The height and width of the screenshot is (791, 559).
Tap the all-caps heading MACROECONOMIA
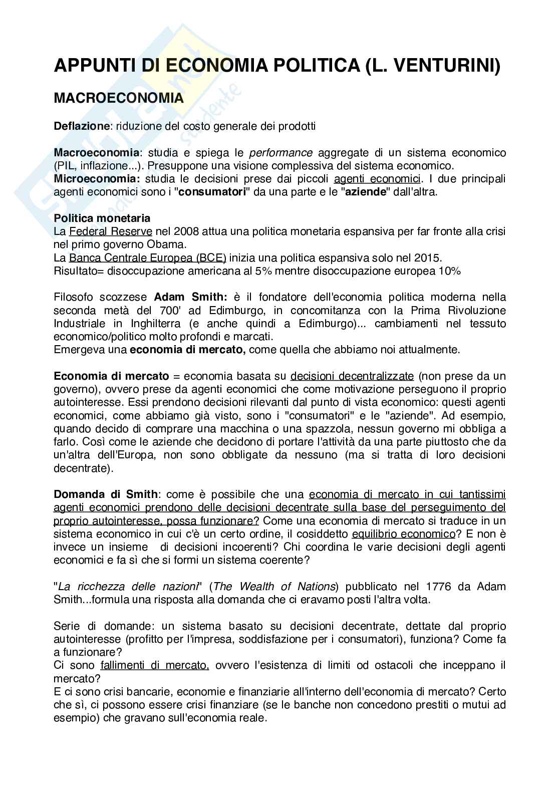pos(119,99)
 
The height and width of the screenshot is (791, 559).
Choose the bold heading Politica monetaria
pos(102,218)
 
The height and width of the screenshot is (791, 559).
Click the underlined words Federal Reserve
pos(111,231)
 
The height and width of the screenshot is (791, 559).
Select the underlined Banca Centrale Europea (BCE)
pos(148,258)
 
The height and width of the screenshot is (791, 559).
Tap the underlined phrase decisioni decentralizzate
pos(352,376)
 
